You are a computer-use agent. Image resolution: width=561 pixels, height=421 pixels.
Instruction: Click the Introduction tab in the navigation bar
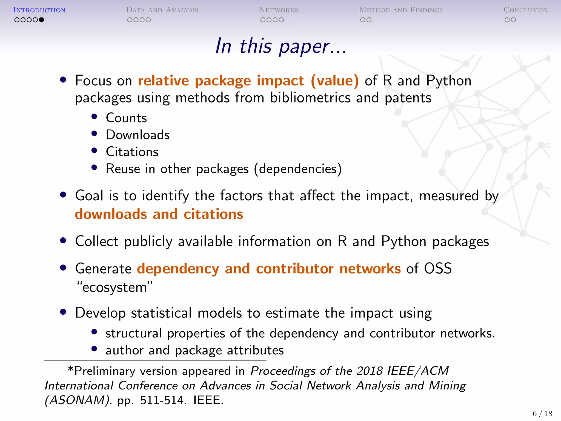point(39,10)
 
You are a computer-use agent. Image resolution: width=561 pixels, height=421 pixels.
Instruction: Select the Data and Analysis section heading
point(162,10)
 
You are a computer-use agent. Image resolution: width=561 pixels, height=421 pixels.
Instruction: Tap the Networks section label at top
point(279,10)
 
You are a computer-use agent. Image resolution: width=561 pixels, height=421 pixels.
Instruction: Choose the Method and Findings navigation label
point(401,10)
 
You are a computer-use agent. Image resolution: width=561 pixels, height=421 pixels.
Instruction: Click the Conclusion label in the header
point(525,10)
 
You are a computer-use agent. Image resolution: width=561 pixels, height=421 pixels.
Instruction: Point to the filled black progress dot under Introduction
point(41,20)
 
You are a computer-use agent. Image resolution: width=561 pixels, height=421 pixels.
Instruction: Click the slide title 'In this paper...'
point(281,46)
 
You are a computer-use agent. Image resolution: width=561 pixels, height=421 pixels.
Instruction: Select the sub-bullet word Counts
point(126,118)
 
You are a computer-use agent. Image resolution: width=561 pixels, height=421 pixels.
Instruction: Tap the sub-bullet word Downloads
point(138,135)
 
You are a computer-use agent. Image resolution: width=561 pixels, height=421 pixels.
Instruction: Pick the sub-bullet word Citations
point(132,152)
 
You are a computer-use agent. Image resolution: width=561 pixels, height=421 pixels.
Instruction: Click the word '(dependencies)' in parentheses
point(298,169)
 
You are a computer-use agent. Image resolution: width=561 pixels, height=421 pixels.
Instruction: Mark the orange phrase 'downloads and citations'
point(159,214)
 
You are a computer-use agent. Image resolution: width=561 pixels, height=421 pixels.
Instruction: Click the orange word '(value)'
point(334,81)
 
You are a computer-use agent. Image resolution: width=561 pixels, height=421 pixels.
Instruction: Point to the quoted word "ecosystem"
point(114,287)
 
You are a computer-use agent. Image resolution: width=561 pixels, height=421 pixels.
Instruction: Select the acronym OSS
point(438,268)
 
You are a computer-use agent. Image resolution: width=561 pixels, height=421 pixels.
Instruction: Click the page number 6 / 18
point(542,414)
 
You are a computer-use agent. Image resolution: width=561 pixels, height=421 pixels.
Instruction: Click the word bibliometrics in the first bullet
point(310,98)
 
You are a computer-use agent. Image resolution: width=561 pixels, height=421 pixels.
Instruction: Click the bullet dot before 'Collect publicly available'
point(63,241)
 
